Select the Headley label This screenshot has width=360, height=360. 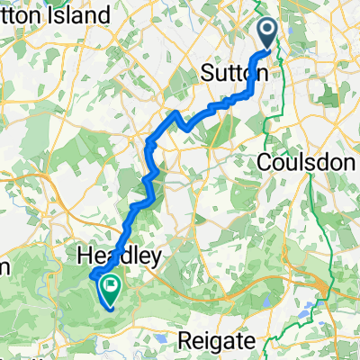click(120, 257)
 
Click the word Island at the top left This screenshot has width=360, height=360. click(85, 16)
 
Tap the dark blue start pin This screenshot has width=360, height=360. click(270, 34)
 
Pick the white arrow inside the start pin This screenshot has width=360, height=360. click(270, 31)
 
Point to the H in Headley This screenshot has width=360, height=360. click(86, 257)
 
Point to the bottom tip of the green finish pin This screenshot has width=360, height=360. click(112, 301)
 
